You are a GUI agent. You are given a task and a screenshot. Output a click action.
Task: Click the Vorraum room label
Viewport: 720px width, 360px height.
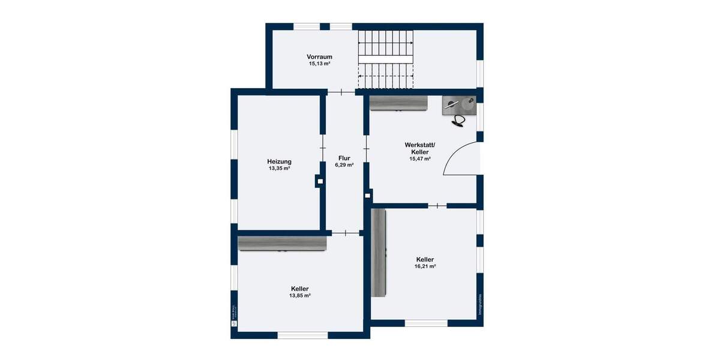[x=320, y=57]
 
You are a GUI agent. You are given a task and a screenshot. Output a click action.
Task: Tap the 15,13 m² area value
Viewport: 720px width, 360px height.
[x=320, y=64]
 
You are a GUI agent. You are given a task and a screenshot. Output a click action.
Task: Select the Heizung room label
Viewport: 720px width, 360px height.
[x=279, y=161]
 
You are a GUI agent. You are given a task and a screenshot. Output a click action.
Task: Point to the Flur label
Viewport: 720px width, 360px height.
[x=344, y=158]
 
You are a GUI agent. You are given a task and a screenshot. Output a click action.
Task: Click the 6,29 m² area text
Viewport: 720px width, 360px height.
[x=344, y=165]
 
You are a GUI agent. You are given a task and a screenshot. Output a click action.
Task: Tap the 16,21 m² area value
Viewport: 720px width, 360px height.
[x=425, y=266]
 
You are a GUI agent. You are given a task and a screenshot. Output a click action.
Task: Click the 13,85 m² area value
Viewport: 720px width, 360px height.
[x=300, y=295]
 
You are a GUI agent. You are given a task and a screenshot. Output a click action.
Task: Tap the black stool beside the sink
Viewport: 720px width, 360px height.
[x=459, y=121]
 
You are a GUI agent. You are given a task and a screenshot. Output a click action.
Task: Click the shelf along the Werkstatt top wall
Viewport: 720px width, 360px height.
[x=398, y=103]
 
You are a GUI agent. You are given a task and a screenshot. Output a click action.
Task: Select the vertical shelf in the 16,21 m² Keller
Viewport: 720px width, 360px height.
[x=379, y=251]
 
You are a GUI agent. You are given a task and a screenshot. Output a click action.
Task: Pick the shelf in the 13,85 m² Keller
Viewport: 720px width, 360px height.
[x=282, y=242]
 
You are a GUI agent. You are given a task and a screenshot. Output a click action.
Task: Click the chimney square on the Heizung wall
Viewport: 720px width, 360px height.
[x=320, y=181]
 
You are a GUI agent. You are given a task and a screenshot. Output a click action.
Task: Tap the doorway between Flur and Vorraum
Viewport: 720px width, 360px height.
[x=341, y=92]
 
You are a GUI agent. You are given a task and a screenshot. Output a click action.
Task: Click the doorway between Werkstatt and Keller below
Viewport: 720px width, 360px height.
[x=437, y=206]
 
